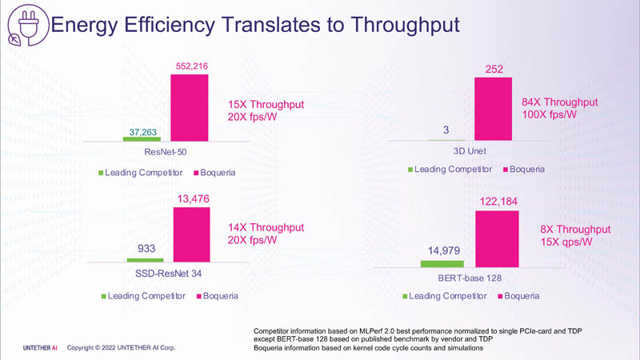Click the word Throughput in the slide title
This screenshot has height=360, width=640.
398,25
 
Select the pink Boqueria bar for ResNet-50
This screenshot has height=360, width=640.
190,107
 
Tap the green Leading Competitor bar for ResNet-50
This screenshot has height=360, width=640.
141,138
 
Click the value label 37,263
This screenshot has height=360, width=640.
141,130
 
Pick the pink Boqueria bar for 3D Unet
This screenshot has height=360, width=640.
494,109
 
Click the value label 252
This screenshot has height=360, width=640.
494,70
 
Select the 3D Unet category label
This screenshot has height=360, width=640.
469,151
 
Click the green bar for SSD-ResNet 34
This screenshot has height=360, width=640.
145,260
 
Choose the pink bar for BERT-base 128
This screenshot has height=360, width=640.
497,238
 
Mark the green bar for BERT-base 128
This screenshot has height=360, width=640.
442,263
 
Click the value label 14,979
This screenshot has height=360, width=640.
442,251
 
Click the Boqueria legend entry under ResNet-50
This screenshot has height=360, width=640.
212,173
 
